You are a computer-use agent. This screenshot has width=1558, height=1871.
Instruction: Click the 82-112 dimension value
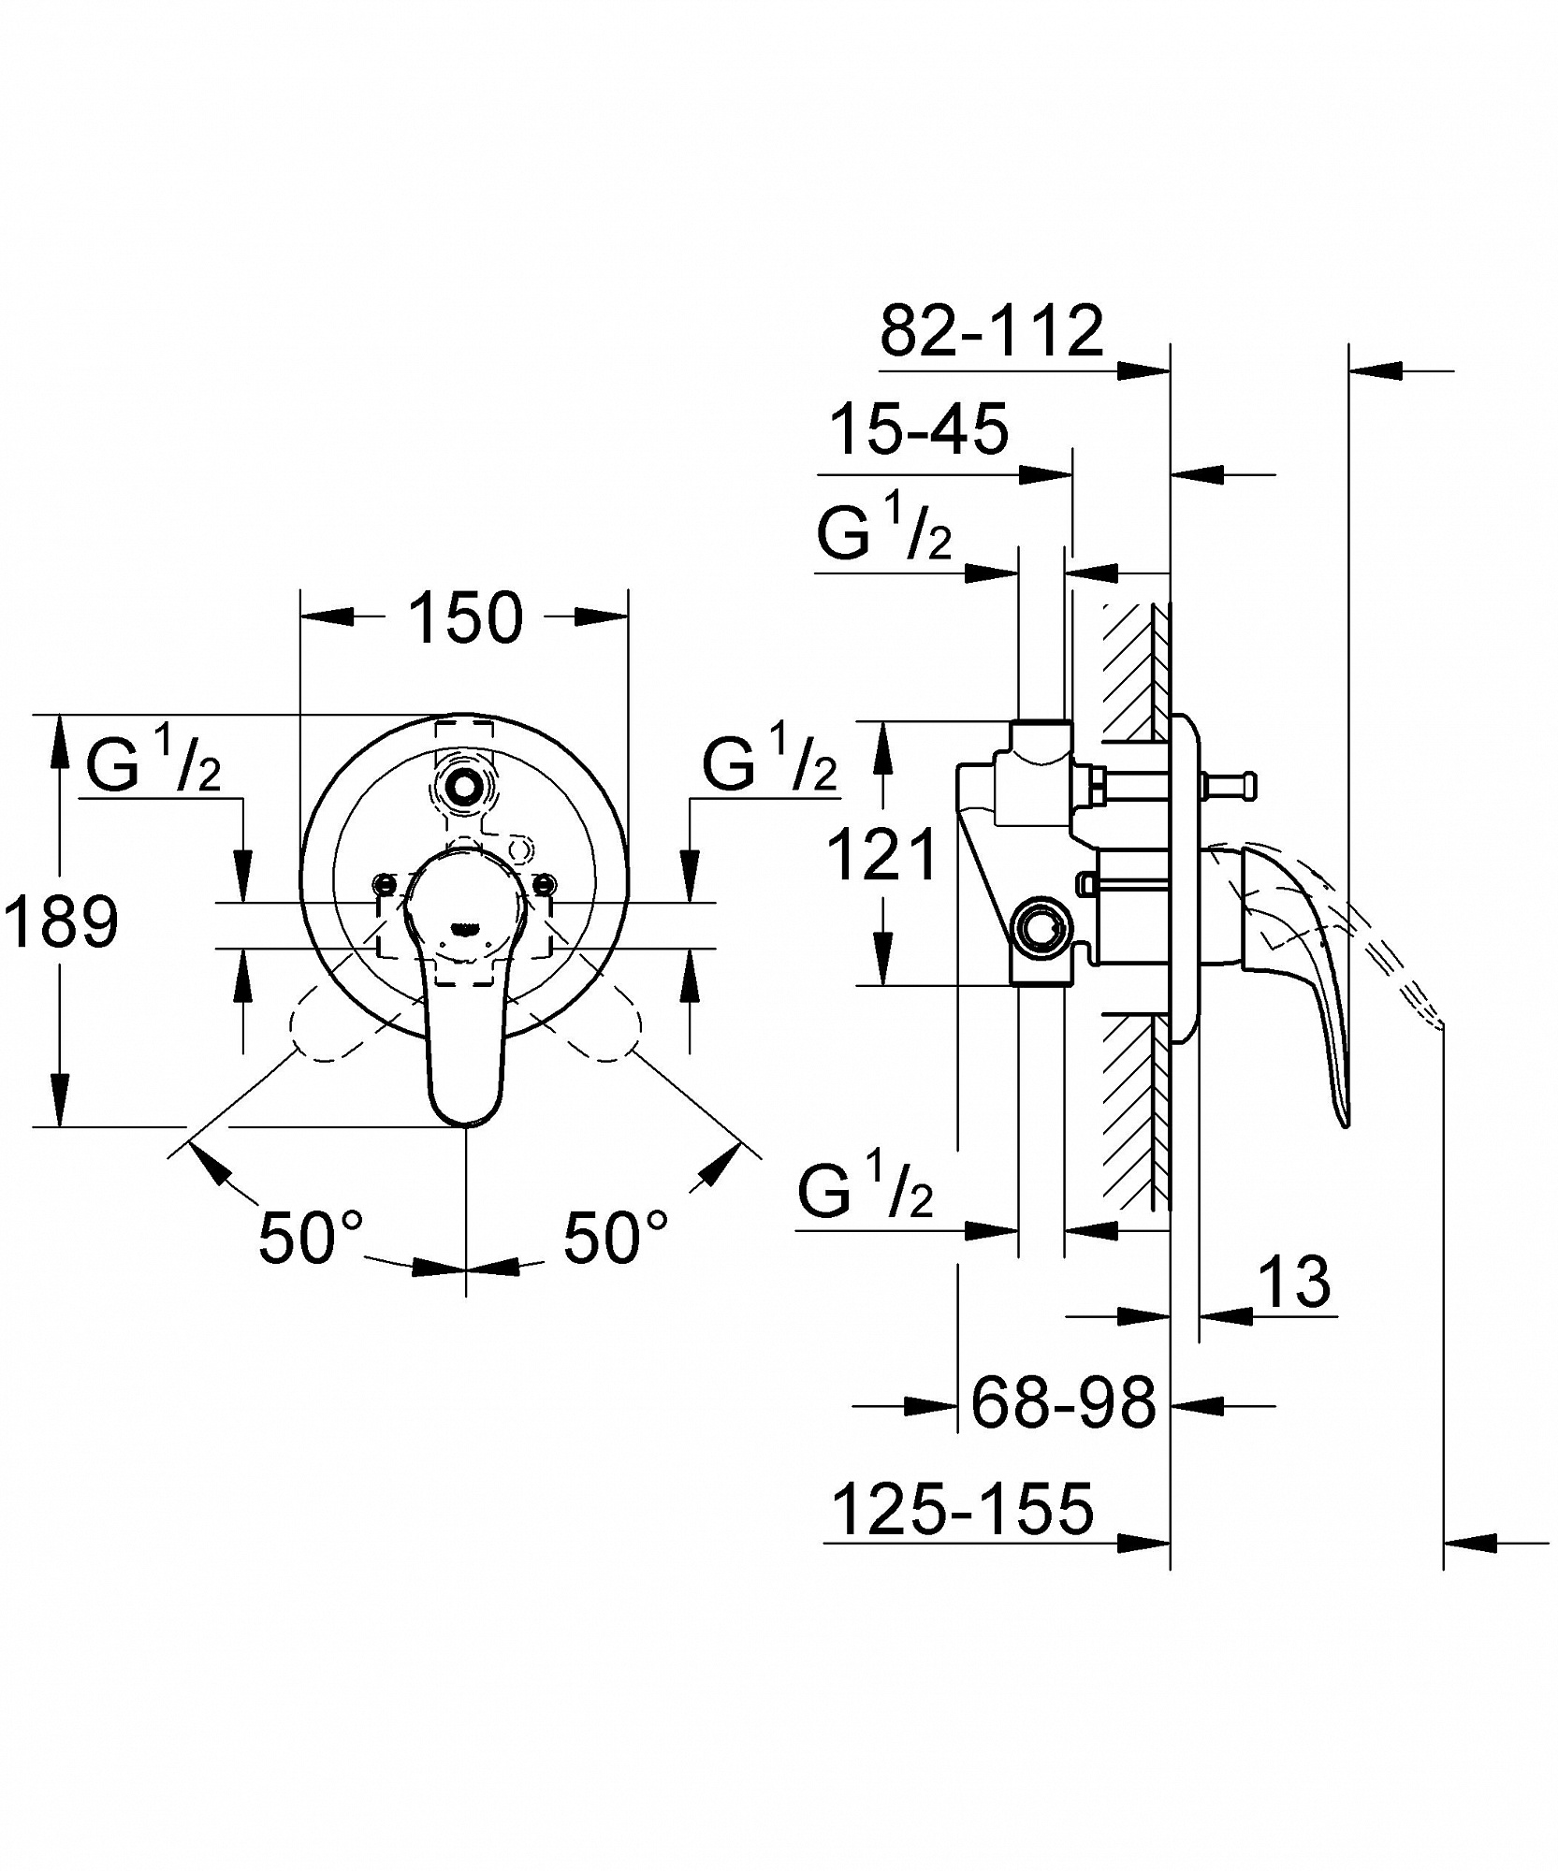[x=992, y=330]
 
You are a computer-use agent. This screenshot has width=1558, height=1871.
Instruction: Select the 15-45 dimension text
[x=920, y=429]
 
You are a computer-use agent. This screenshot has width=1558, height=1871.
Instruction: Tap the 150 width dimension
[x=465, y=617]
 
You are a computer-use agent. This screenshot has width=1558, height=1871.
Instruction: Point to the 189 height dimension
[x=61, y=921]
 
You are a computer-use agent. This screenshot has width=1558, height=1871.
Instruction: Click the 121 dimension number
[x=882, y=854]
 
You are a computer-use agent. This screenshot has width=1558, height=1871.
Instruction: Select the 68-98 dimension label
[x=1064, y=1403]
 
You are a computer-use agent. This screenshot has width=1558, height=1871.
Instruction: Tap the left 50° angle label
[x=311, y=1237]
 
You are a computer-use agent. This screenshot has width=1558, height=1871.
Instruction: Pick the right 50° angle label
[x=616, y=1237]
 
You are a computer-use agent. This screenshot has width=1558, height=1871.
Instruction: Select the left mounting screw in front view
[x=382, y=881]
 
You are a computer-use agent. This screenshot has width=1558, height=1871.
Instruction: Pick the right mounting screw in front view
[x=543, y=881]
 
